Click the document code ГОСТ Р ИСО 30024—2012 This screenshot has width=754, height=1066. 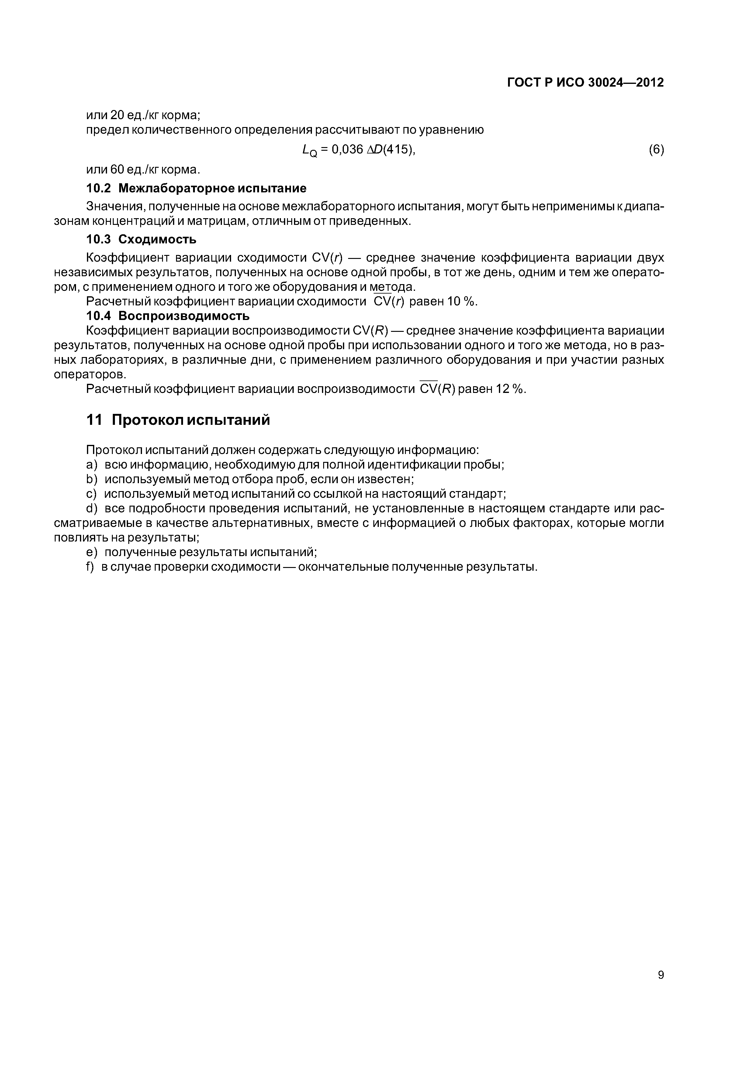point(585,83)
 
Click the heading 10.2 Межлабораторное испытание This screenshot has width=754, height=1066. point(196,188)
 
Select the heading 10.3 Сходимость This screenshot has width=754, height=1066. point(141,239)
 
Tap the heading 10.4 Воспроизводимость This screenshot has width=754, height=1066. point(168,316)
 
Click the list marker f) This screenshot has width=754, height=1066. point(90,567)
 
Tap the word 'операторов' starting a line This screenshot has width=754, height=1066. point(90,374)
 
